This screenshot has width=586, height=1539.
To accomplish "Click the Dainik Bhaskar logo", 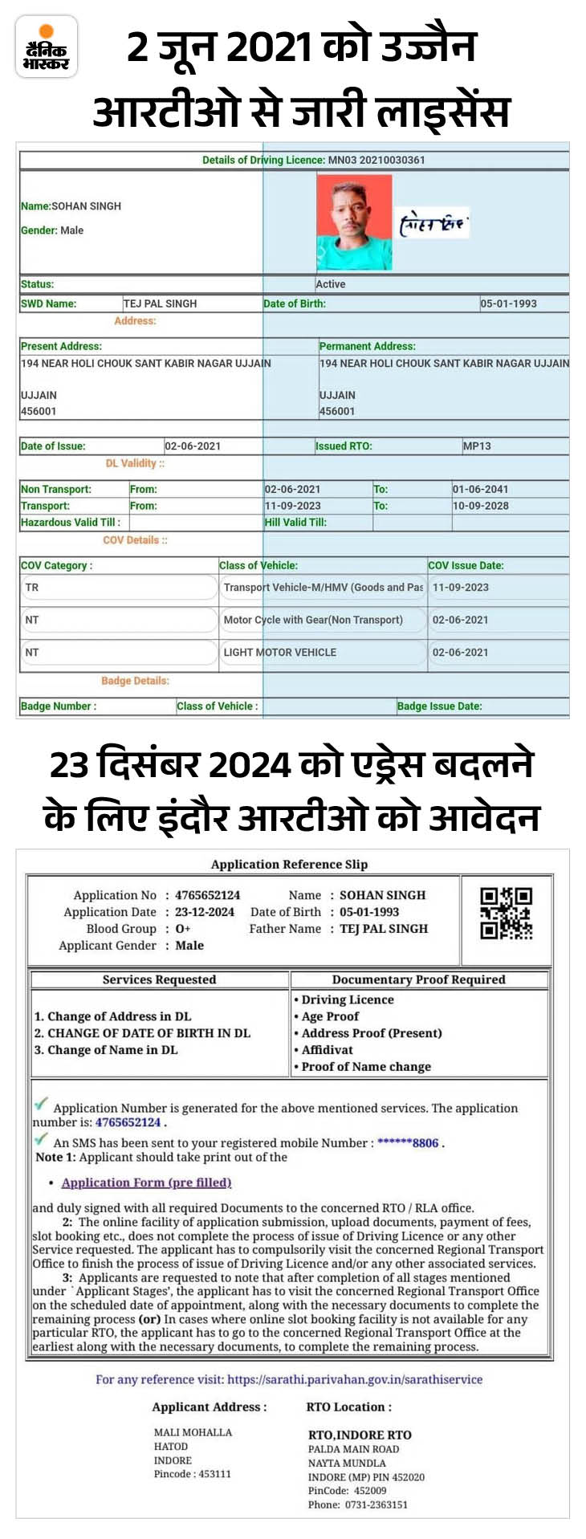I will point(47,47).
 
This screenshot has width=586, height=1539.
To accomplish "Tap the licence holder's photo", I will point(354,222).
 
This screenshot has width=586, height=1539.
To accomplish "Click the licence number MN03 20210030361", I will point(376,160).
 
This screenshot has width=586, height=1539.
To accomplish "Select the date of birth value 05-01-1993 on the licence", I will point(508,303).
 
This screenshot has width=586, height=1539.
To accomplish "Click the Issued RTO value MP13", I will point(477,446).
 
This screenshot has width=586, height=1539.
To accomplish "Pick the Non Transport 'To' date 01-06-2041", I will point(480,489).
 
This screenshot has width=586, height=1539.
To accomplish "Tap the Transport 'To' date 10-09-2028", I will point(480,506).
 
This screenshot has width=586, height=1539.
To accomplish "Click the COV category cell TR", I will point(32,588).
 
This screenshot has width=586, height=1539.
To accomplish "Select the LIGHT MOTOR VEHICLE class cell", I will point(280,652).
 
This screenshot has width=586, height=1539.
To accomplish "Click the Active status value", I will point(331,284).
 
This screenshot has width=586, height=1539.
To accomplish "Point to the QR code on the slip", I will point(506,913).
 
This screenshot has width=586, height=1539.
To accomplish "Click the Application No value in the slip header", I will point(207,895).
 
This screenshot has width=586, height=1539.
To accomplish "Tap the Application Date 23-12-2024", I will point(205,912).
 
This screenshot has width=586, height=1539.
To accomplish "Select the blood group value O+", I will point(183,929).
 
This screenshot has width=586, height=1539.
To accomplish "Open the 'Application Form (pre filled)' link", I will point(146,1183).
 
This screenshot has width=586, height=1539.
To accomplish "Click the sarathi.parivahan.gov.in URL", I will point(355,1379).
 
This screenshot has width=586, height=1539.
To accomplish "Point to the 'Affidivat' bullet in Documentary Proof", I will point(327,1050).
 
